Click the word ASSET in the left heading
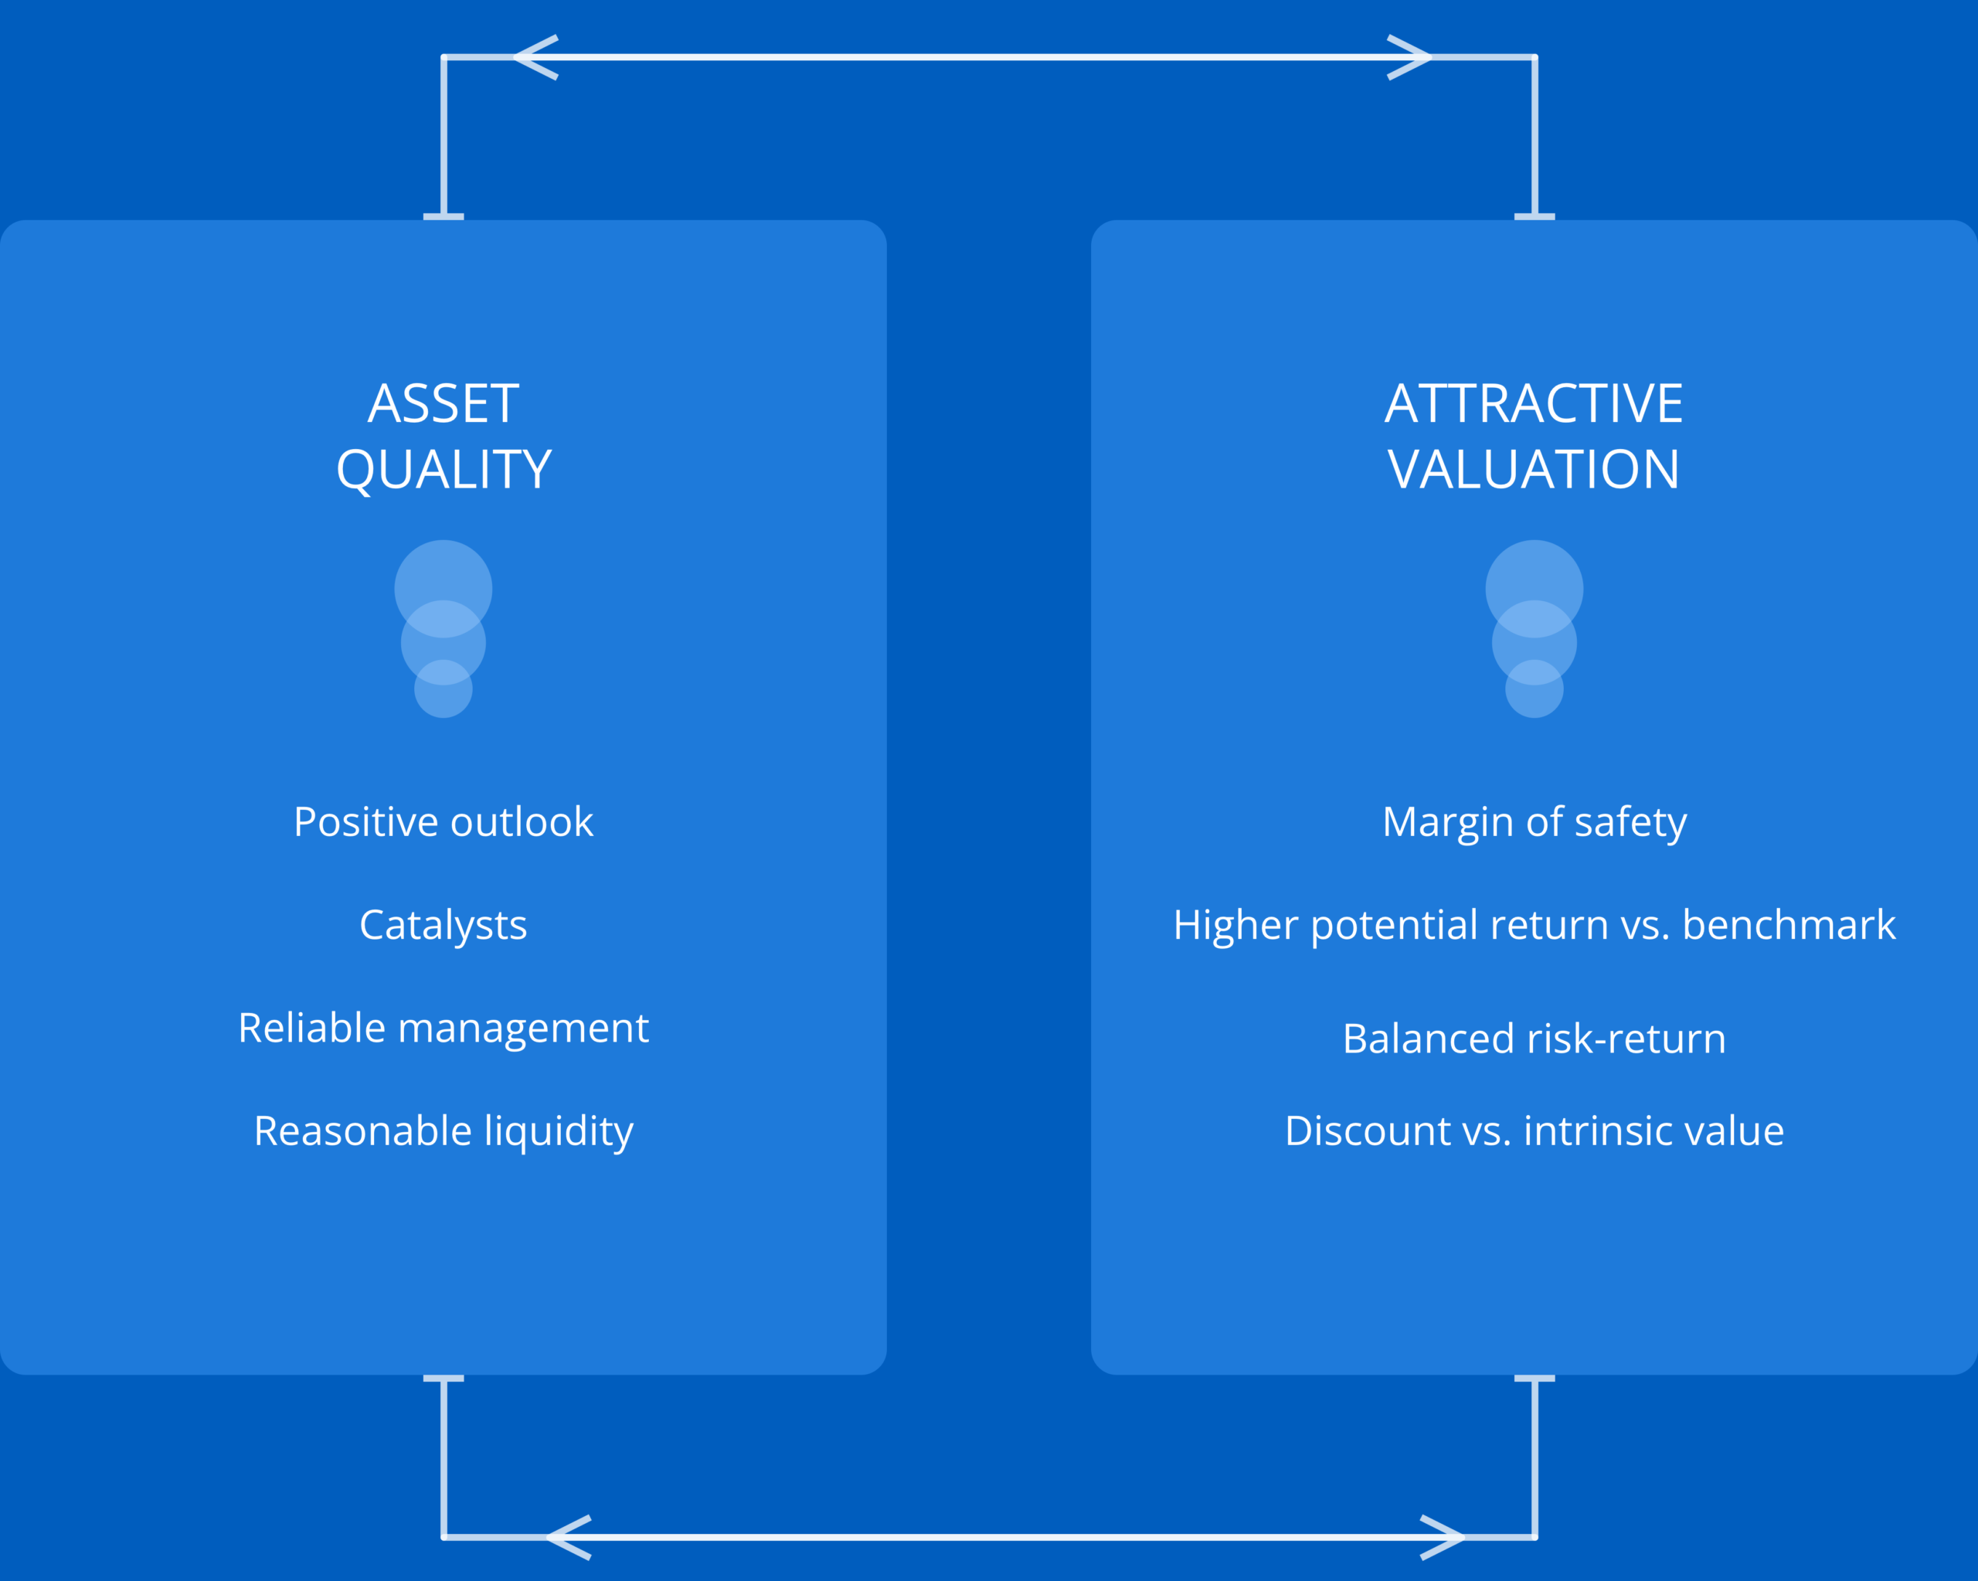point(444,403)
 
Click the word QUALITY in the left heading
point(444,471)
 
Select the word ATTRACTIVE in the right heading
point(1534,403)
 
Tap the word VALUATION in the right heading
point(1534,470)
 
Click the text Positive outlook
point(444,821)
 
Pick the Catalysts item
point(444,925)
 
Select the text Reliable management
point(444,1028)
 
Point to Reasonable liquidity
point(444,1131)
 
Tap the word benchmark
point(1789,925)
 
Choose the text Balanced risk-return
point(1534,1039)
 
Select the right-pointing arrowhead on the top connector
point(1409,57)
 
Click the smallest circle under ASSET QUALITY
point(444,689)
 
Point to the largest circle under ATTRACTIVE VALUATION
point(1534,589)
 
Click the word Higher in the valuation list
point(1235,925)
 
